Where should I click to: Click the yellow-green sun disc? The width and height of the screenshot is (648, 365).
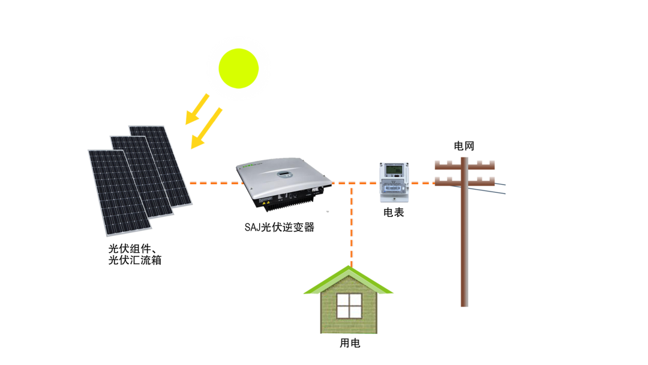(x=238, y=68)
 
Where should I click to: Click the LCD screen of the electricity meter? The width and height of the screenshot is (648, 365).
(x=394, y=169)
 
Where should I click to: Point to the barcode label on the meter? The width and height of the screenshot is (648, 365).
(x=394, y=188)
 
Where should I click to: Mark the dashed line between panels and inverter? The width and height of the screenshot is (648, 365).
(x=212, y=182)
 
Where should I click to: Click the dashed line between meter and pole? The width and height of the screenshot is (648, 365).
(x=422, y=182)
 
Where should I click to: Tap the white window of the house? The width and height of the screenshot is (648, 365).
(x=349, y=306)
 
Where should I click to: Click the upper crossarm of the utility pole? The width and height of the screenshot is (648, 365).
(x=464, y=164)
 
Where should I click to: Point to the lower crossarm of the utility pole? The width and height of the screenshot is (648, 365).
(x=464, y=181)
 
